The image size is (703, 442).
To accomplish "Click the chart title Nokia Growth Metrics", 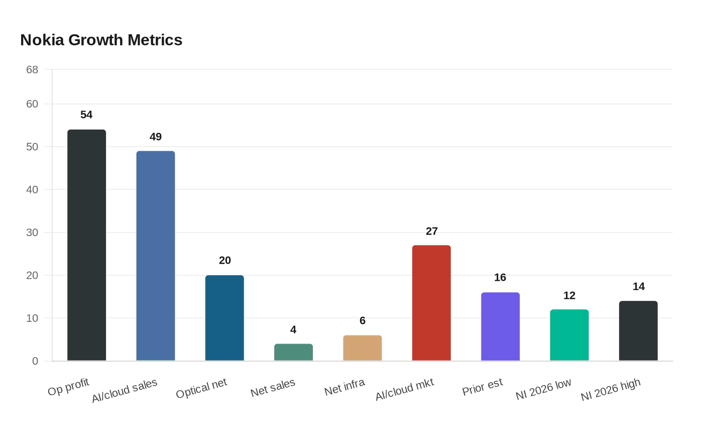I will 101,40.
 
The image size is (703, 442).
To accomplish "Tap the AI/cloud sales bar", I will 156,256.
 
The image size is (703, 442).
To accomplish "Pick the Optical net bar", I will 224,318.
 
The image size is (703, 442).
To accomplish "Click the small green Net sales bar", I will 293,352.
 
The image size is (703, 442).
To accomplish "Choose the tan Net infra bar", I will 363,348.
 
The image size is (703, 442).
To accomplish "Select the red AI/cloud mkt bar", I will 431,303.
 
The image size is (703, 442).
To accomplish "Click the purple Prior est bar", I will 500,326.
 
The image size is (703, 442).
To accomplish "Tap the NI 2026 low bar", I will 569,335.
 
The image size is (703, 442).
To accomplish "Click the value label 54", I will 86,115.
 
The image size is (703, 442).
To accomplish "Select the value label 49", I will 156,137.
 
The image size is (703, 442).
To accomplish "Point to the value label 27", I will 432,231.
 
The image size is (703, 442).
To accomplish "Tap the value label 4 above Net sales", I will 293,330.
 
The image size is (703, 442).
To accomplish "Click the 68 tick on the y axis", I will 32,70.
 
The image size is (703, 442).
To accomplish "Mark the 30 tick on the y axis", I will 32,233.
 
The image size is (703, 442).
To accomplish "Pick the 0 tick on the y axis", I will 35,361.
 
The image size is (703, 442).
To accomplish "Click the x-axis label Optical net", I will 201,388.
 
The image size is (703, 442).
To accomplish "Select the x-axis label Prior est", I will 482,387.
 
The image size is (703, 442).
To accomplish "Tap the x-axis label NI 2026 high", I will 611,389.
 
